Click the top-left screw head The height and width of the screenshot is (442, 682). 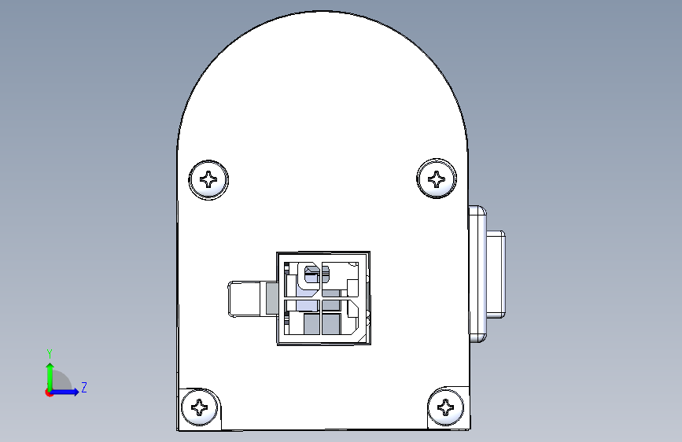pyautogui.click(x=208, y=179)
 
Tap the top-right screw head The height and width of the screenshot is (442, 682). pyautogui.click(x=437, y=179)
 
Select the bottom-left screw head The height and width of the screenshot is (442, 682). pyautogui.click(x=200, y=407)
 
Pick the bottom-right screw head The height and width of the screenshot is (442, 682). pyautogui.click(x=446, y=407)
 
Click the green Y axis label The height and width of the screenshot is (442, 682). pyautogui.click(x=50, y=354)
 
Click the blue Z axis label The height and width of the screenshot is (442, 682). pyautogui.click(x=84, y=387)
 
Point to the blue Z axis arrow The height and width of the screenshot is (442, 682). pyautogui.click(x=65, y=392)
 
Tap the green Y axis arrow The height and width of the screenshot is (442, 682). pyautogui.click(x=50, y=377)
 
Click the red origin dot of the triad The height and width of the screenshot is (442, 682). pyautogui.click(x=49, y=392)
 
